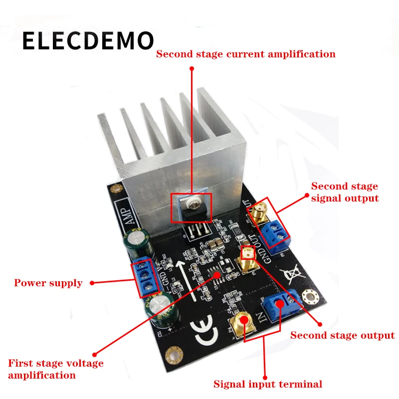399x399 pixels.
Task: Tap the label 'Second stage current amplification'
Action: (x=245, y=54)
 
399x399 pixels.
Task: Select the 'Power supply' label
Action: (x=48, y=283)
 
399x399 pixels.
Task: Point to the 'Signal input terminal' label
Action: (x=268, y=384)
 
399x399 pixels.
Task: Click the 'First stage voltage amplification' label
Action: (x=55, y=369)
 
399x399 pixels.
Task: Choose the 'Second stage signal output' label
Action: (x=345, y=192)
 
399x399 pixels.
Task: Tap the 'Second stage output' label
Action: (x=342, y=336)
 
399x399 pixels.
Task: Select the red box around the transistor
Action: (x=191, y=207)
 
